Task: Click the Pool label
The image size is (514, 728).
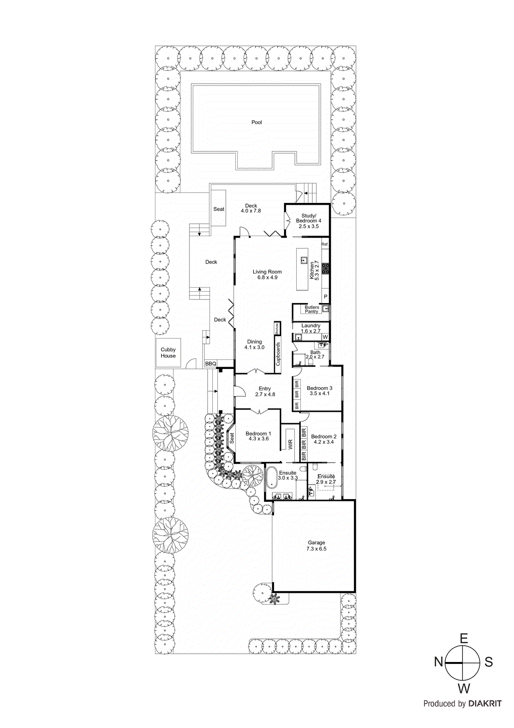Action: coord(257,122)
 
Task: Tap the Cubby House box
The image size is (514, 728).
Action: coord(168,353)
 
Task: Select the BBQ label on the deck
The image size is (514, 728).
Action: coord(210,364)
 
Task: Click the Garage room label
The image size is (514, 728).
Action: coord(316,545)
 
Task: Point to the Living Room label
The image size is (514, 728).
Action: coord(267,274)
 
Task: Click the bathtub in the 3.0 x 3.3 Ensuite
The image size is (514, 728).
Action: coord(271,477)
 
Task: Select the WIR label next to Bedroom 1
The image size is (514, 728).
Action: coord(290,444)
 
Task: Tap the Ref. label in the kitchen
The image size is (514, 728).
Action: coord(325,244)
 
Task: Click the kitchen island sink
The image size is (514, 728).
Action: coord(304,260)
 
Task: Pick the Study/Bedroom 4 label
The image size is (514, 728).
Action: coord(309,221)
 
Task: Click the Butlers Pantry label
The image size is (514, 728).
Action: coord(312,309)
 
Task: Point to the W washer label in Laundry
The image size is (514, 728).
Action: coord(325,337)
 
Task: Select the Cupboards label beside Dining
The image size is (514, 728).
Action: coord(278,353)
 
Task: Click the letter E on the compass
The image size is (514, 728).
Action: coord(463,638)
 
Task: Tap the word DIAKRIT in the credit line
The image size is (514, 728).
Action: coord(485,703)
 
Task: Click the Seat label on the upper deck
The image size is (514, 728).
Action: coord(219,209)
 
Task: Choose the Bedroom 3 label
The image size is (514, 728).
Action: coord(319,390)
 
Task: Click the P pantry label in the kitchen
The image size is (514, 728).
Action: coord(325,297)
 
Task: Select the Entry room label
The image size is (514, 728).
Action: coord(265,391)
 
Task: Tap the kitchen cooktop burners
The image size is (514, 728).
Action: coord(325,268)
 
